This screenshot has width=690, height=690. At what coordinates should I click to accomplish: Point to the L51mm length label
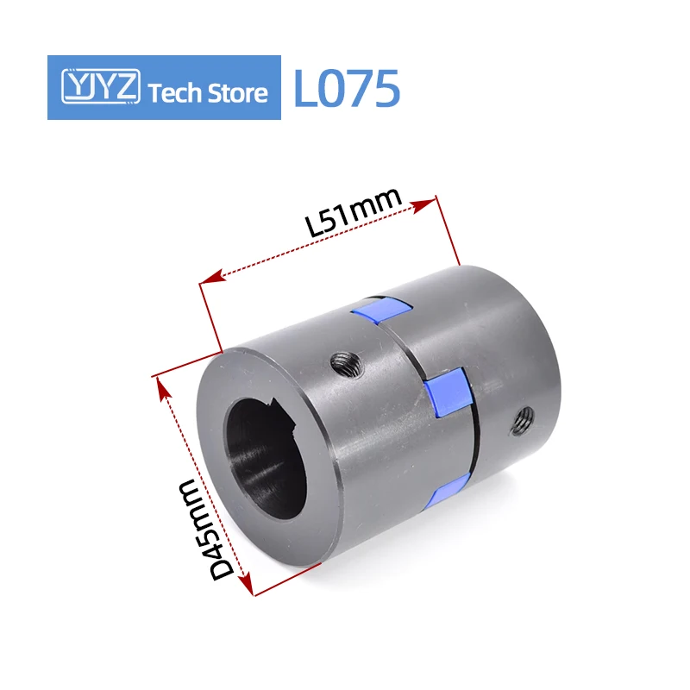tap(355, 213)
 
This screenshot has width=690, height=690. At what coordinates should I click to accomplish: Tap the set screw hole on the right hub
tap(522, 420)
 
